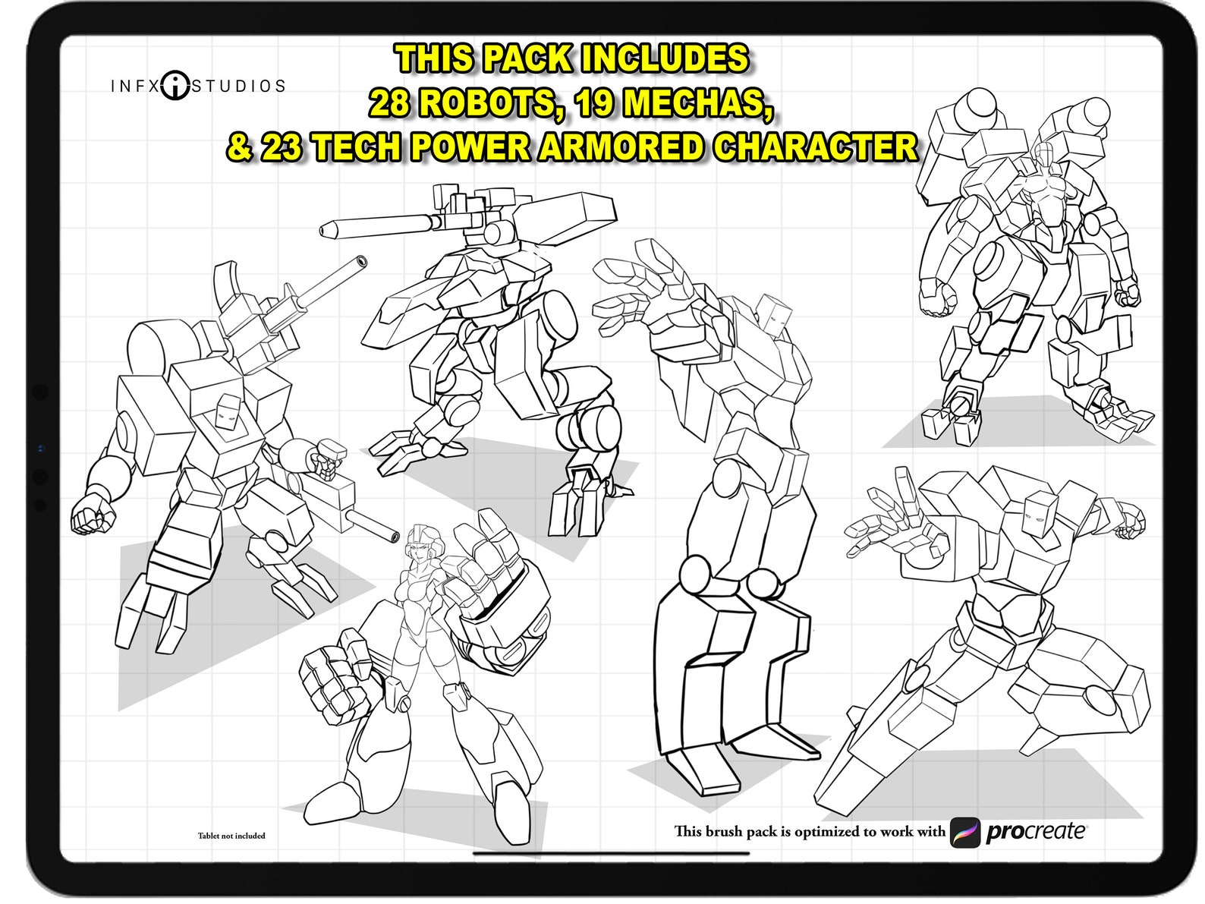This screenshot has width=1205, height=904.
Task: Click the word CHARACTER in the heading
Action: click(x=815, y=146)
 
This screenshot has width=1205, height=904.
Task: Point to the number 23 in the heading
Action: click(x=283, y=146)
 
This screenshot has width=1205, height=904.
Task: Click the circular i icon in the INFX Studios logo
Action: click(x=175, y=85)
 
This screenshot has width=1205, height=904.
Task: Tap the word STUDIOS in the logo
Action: click(x=238, y=86)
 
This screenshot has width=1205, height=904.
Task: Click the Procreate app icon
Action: click(x=964, y=832)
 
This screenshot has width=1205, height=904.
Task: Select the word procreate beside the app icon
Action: click(x=1035, y=832)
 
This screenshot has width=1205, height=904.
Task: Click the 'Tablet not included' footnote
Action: click(x=231, y=836)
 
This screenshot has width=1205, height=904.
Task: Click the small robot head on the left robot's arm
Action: click(x=329, y=459)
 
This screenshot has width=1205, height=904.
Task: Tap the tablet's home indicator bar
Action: click(x=611, y=853)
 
